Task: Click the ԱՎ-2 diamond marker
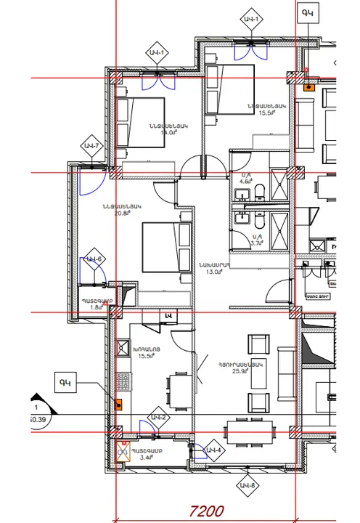tap(159, 418)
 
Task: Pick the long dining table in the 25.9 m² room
tap(251, 430)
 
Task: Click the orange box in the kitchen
tap(120, 405)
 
